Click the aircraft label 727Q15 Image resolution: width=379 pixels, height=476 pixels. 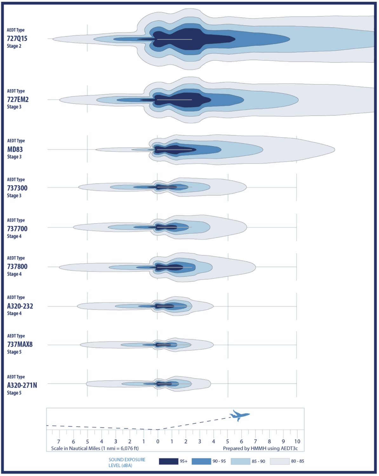(x=17, y=38)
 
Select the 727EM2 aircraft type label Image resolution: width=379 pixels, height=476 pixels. (x=18, y=100)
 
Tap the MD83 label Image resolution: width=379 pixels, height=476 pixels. (x=15, y=149)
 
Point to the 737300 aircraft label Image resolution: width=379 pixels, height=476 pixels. (x=17, y=188)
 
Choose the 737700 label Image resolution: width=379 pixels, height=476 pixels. (x=17, y=228)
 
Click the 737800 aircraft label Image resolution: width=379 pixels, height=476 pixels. (x=17, y=267)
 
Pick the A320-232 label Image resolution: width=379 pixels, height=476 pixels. (x=20, y=306)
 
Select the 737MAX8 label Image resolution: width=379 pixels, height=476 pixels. (x=20, y=344)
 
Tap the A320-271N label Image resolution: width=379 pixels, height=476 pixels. (x=22, y=385)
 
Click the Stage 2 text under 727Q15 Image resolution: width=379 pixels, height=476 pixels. (x=14, y=46)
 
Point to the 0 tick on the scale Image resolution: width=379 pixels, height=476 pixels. (x=158, y=441)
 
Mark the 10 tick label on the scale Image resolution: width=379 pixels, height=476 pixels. (x=297, y=441)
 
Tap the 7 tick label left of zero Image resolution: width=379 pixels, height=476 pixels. (x=59, y=441)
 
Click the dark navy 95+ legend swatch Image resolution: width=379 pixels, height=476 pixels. (x=169, y=461)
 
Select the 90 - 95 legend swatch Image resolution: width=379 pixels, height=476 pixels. (x=201, y=461)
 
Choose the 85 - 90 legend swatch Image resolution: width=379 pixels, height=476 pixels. (x=240, y=461)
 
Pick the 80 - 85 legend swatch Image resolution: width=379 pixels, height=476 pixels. (x=279, y=461)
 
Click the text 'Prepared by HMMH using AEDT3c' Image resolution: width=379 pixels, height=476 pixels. (x=260, y=448)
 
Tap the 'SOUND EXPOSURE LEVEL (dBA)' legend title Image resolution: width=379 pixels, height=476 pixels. (x=127, y=462)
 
